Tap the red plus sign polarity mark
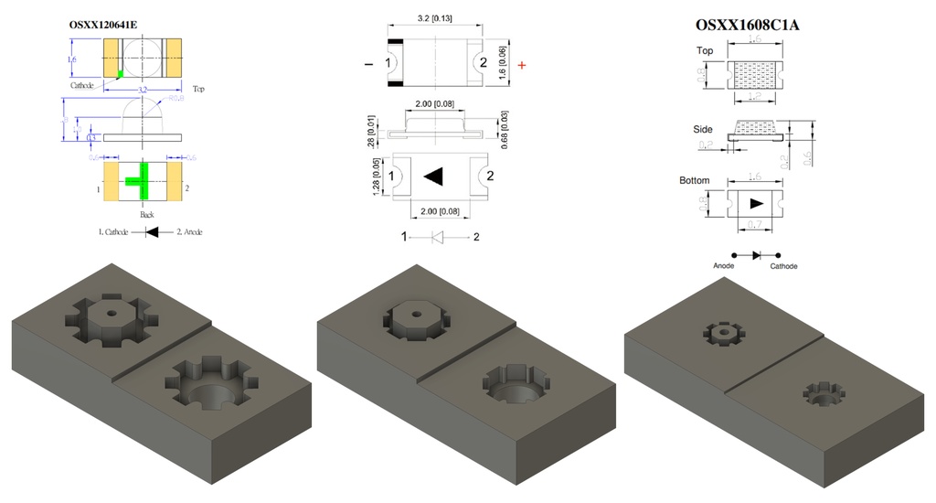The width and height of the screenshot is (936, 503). coord(522,65)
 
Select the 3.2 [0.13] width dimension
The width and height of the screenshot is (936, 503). coord(439,18)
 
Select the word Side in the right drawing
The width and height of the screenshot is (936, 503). coord(704,131)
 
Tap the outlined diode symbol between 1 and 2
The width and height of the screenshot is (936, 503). coord(438,237)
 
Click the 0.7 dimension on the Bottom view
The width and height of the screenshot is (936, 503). coord(755,224)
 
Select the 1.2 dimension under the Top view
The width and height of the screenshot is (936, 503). coord(755,96)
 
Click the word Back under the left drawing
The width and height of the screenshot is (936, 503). coord(146,214)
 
